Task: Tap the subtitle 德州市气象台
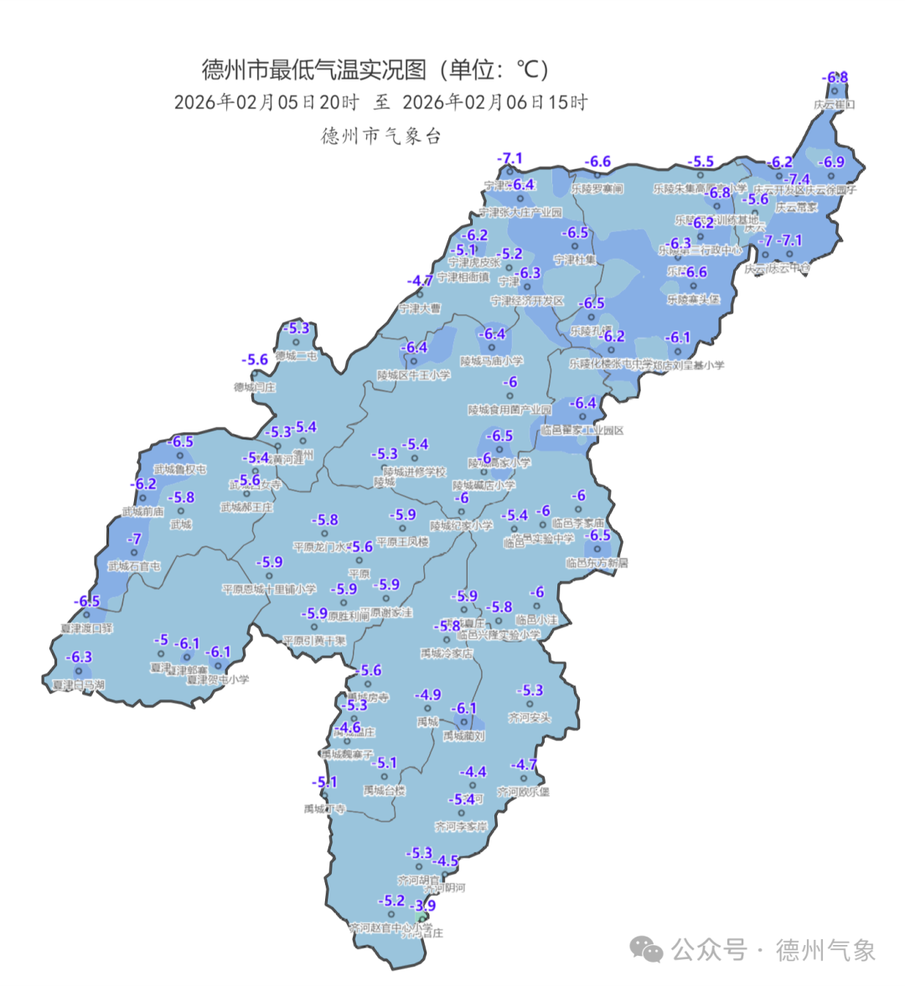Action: point(381,136)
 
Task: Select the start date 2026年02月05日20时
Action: point(266,102)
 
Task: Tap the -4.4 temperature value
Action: point(473,772)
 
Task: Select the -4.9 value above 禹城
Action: point(428,694)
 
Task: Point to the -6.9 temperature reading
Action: point(832,162)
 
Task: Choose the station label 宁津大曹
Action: point(419,308)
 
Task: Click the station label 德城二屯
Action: point(296,356)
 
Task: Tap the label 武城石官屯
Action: point(133,566)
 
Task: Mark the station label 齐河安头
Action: point(530,718)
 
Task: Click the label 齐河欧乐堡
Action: point(524,792)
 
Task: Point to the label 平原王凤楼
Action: point(402,542)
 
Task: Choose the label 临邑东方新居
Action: point(597,563)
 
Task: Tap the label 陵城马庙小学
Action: point(492,361)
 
